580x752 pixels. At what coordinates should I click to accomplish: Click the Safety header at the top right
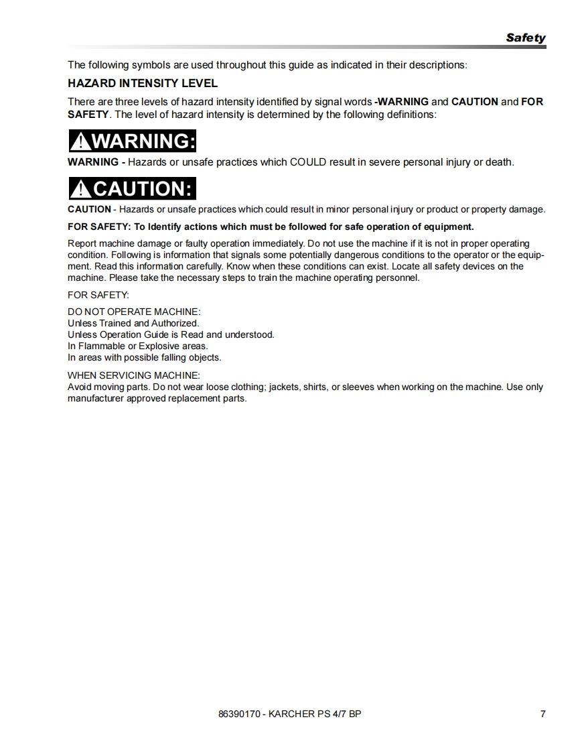point(526,38)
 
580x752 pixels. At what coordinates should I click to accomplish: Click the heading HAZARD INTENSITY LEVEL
point(143,84)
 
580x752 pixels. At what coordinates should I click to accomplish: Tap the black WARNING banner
point(132,141)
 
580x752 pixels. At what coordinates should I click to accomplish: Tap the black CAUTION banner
point(132,189)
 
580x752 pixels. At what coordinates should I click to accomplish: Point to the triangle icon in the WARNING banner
point(80,142)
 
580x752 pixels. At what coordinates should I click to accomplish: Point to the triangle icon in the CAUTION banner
point(80,190)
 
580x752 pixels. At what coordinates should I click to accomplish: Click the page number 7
point(542,714)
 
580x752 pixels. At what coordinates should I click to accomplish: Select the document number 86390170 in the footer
point(238,714)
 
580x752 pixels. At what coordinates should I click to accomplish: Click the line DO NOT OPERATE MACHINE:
point(134,312)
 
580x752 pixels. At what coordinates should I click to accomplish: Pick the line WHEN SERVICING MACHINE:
point(134,375)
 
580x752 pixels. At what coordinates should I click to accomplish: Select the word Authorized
point(175,323)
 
